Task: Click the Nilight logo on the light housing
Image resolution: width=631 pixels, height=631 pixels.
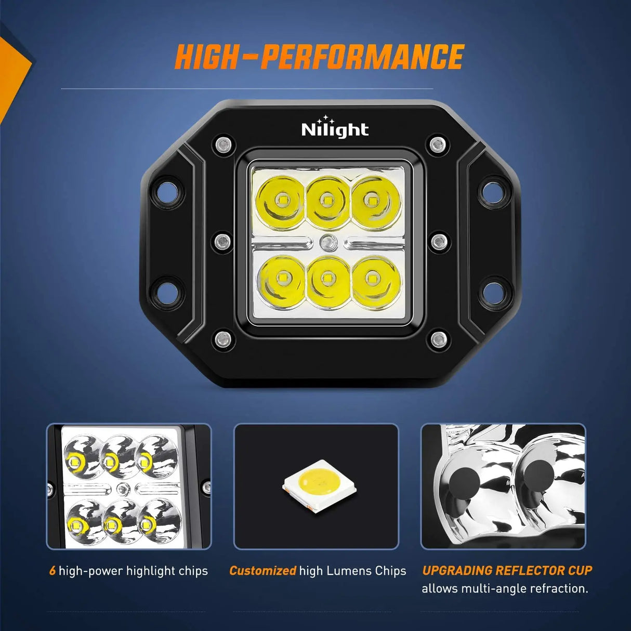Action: pos(335,128)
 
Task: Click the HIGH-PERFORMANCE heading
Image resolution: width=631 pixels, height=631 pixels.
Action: pos(319,57)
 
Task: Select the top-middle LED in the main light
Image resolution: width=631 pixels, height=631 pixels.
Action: pos(327,200)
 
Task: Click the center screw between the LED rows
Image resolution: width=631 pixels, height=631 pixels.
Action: pos(327,242)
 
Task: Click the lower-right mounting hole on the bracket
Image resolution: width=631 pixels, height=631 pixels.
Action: pos(491,291)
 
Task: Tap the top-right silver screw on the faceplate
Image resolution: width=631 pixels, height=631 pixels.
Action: pos(438,144)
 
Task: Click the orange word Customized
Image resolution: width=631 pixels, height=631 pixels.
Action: pos(262,571)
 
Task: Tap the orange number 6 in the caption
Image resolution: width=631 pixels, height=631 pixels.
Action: pos(52,571)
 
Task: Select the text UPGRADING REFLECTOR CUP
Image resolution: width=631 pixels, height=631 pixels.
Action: pos(507,570)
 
